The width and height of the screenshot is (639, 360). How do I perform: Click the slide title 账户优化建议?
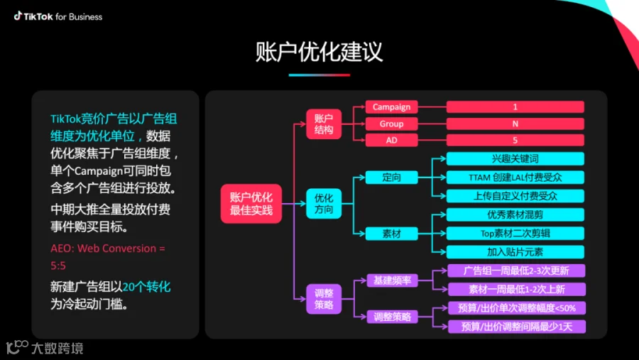319,52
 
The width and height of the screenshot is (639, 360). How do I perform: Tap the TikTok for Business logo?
58,16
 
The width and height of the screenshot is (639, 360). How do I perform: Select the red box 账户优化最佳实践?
251,203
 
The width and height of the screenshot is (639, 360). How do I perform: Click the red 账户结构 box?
323,124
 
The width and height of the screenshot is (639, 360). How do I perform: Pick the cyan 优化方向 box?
323,203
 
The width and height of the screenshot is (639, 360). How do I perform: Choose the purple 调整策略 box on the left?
323,299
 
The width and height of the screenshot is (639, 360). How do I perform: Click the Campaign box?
392,107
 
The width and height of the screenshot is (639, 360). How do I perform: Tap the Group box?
392,124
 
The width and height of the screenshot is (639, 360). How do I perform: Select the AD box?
392,140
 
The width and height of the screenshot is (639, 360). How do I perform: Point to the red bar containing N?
515,124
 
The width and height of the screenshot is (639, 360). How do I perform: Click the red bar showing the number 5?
515,140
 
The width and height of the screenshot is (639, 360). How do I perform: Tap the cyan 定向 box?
392,177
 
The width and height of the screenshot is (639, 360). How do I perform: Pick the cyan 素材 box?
392,233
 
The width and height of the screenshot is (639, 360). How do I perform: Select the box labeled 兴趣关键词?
515,158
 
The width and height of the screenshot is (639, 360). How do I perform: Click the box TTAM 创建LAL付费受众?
515,177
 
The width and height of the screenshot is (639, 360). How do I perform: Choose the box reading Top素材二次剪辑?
515,233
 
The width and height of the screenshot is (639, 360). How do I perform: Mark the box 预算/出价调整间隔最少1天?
515,326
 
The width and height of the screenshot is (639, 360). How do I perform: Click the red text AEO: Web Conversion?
107,249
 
